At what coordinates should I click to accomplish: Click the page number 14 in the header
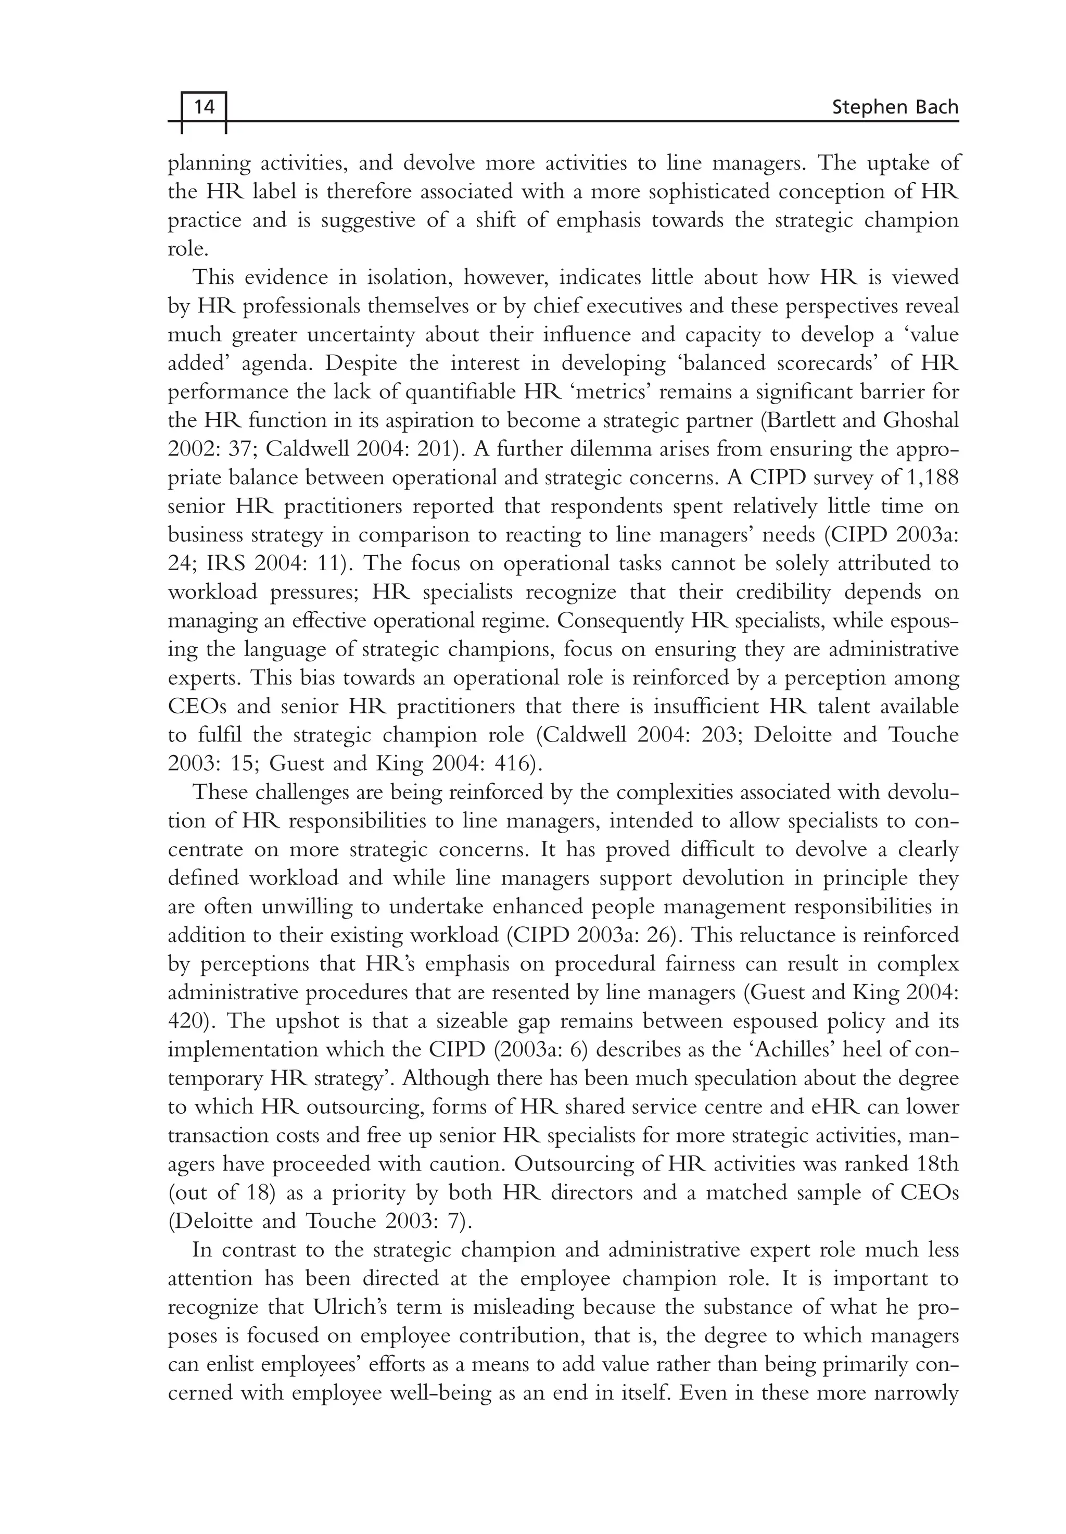pyautogui.click(x=204, y=107)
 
